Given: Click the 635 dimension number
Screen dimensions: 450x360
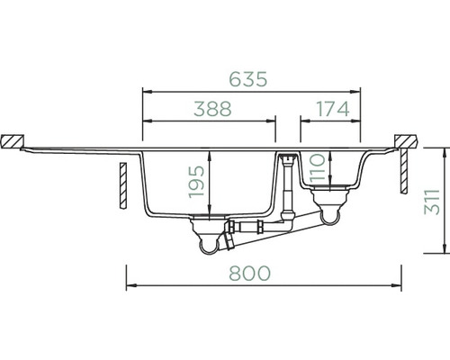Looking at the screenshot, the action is point(248,79).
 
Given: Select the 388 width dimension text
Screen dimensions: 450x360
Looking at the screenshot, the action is point(212,109).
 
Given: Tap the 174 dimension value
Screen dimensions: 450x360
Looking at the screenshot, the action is point(333,109).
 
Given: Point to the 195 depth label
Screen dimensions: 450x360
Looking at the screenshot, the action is point(197,182).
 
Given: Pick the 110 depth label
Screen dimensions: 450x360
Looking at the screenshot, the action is point(318,167).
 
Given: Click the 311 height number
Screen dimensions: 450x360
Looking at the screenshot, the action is point(432,202).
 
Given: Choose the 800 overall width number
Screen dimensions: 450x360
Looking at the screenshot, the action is point(249,274).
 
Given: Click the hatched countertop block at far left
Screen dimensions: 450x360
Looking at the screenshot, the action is point(12,141).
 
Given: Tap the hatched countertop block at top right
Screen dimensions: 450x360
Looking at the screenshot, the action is point(405,141).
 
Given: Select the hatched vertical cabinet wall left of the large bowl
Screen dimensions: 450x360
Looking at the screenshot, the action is point(123,185).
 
